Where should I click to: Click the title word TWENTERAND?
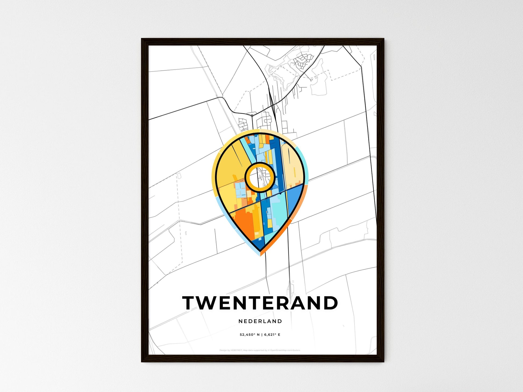coord(260,303)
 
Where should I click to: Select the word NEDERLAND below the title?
coord(260,321)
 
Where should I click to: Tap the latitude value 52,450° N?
coord(250,335)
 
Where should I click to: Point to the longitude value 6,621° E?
coord(272,335)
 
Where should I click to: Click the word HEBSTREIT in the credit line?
coord(236,350)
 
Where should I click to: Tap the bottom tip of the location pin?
coord(260,254)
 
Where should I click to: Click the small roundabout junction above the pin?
coord(252,115)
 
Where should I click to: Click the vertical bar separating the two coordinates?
coord(262,335)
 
